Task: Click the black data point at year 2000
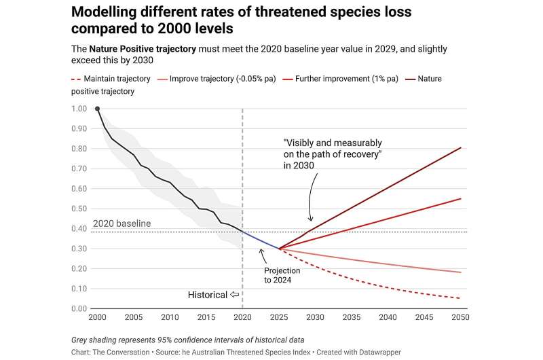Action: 97,109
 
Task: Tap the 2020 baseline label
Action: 121,223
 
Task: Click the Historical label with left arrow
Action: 213,295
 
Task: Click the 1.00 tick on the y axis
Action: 79,109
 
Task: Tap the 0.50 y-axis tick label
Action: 79,209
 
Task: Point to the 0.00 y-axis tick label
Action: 79,308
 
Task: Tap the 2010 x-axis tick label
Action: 170,317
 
